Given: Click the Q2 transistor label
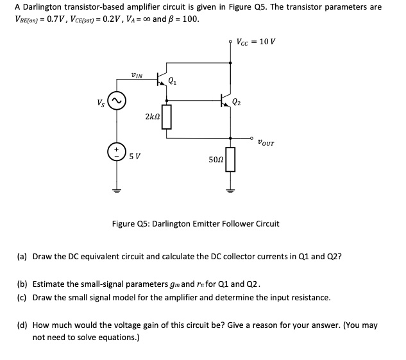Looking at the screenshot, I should coord(237,101).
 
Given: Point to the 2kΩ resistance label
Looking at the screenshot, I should coord(153,117).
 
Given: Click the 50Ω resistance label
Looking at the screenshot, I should coord(215,159).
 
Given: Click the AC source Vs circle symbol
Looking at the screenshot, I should coord(116,101).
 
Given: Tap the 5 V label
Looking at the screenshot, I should coord(135,155).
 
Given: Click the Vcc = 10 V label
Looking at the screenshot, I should coord(256,42).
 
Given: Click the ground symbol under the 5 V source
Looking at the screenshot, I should coord(116,189).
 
